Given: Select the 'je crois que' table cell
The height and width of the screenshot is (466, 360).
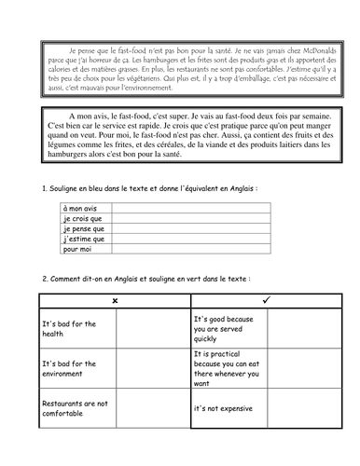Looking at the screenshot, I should coord(85,220).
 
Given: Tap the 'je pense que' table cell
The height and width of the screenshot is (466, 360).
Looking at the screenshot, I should coord(85,229).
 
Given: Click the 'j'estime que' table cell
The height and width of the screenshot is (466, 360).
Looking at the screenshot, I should coord(85,240).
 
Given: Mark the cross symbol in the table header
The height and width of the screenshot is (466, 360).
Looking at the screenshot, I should coord(114,301).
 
